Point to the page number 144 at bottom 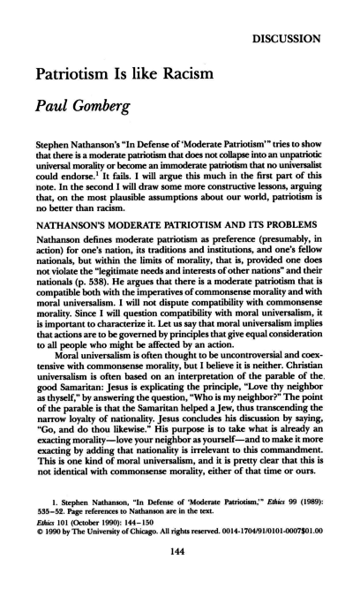[180, 563]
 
